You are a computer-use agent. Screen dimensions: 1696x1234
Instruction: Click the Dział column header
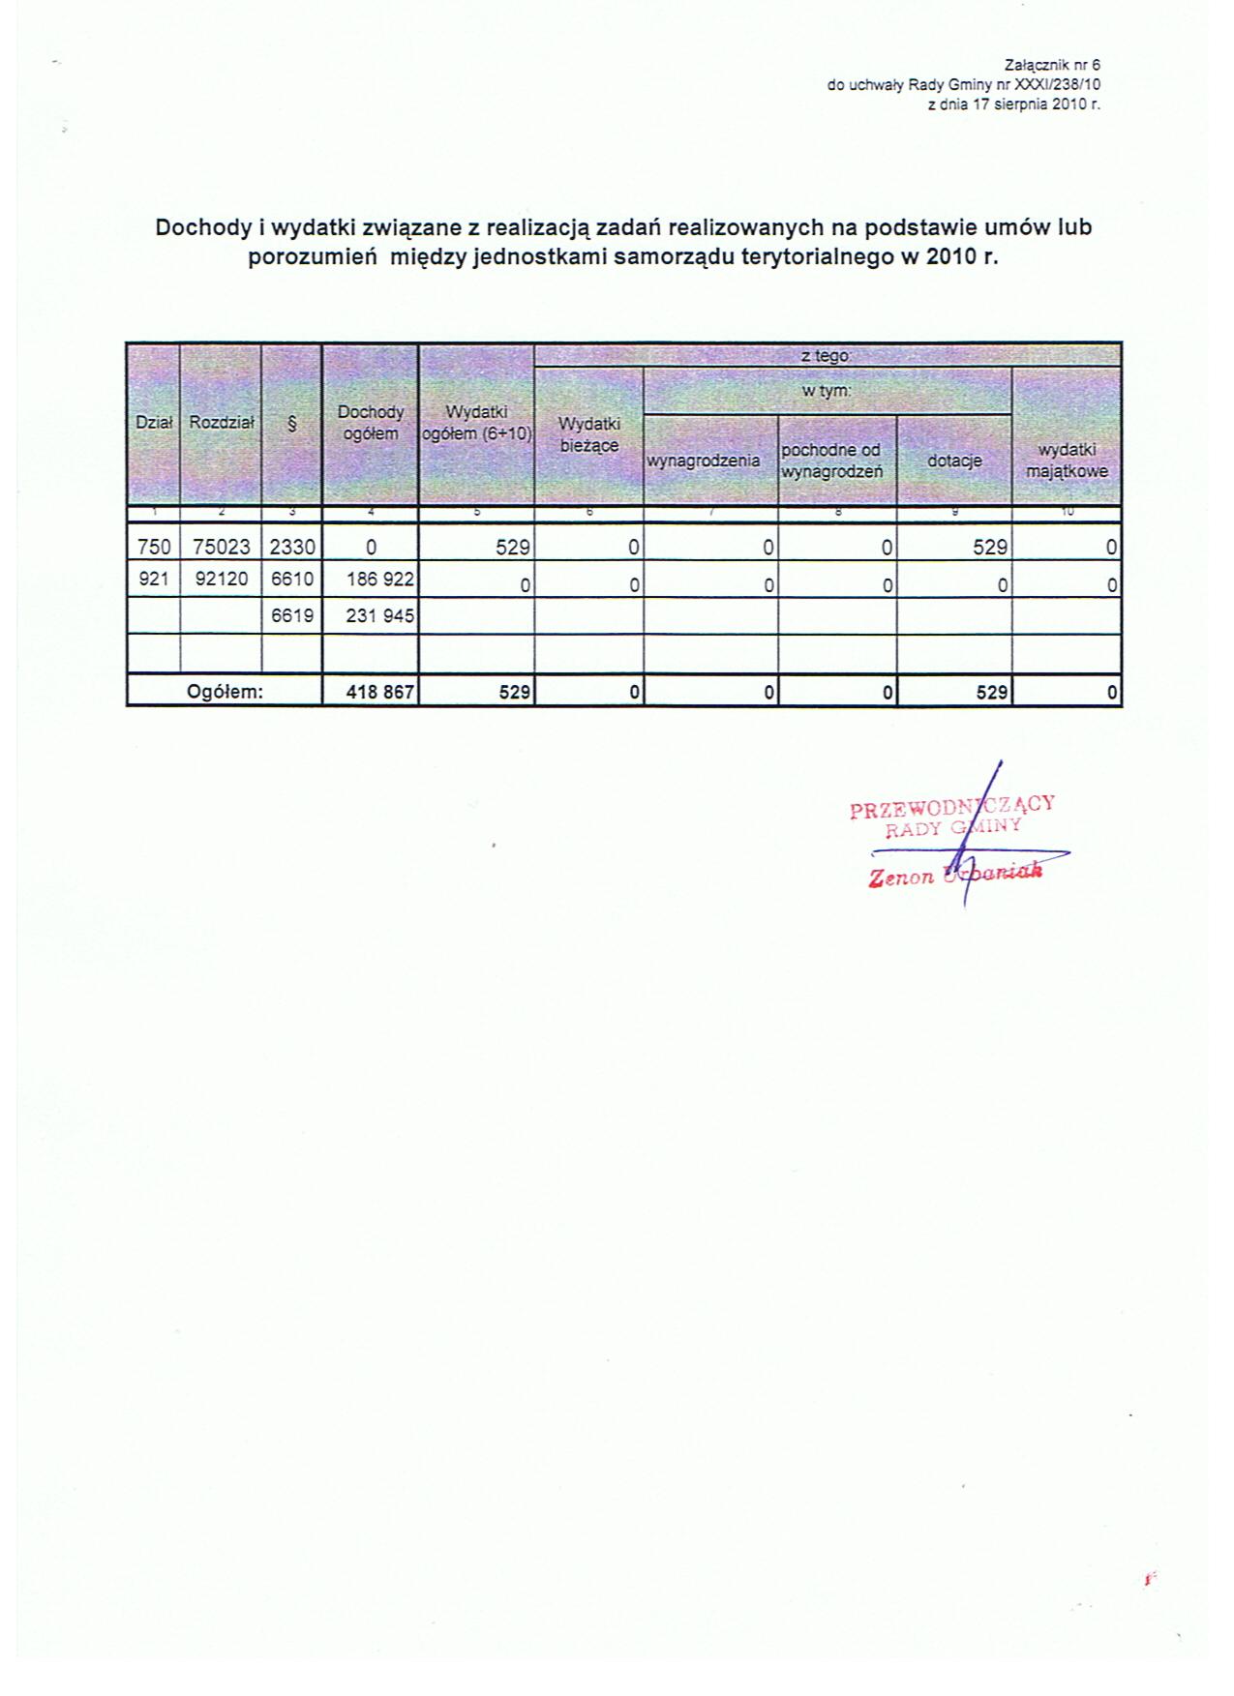[154, 423]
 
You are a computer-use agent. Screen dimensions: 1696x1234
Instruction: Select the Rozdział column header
[222, 423]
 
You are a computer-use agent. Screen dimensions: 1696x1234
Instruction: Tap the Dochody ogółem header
[371, 423]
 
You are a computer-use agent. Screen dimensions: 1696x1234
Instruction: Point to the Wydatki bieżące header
[589, 434]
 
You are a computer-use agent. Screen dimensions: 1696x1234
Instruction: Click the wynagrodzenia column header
[704, 461]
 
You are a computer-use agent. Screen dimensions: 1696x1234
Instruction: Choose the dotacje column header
[954, 461]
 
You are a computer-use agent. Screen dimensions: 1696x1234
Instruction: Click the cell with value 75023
[222, 547]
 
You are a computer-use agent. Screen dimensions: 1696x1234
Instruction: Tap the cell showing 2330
[292, 547]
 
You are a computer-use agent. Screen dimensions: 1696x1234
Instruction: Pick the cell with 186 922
[379, 580]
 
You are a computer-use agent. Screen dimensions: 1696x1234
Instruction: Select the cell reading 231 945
[379, 614]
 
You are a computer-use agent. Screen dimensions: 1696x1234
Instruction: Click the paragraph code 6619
[292, 614]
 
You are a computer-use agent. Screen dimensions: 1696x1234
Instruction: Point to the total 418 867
[379, 693]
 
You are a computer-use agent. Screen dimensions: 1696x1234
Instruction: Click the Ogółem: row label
[225, 693]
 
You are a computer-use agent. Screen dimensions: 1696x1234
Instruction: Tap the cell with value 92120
[222, 580]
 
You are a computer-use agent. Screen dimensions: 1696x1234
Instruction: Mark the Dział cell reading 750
[154, 547]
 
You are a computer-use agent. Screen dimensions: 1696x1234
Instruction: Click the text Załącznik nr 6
[1053, 66]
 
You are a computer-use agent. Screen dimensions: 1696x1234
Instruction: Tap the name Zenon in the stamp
[901, 877]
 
